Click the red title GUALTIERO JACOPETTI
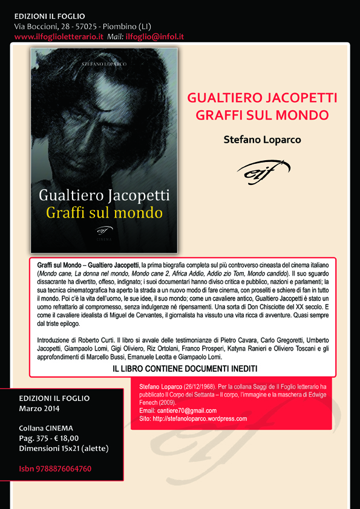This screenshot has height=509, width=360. point(262,99)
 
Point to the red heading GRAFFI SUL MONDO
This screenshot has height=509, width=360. point(262,114)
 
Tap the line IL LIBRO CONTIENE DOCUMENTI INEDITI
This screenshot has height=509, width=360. point(185,368)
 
